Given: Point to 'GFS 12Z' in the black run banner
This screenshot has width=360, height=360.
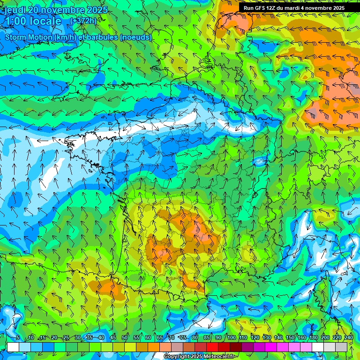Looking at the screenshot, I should [264, 8].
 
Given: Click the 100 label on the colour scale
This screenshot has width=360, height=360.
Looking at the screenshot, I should [232, 338].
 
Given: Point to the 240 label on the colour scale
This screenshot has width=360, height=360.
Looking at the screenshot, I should [348, 338].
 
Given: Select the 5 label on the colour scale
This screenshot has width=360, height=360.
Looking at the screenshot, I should [18, 338].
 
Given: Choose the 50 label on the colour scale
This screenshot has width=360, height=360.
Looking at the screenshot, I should [125, 338].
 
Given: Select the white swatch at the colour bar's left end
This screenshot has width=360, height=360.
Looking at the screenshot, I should [13, 347].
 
